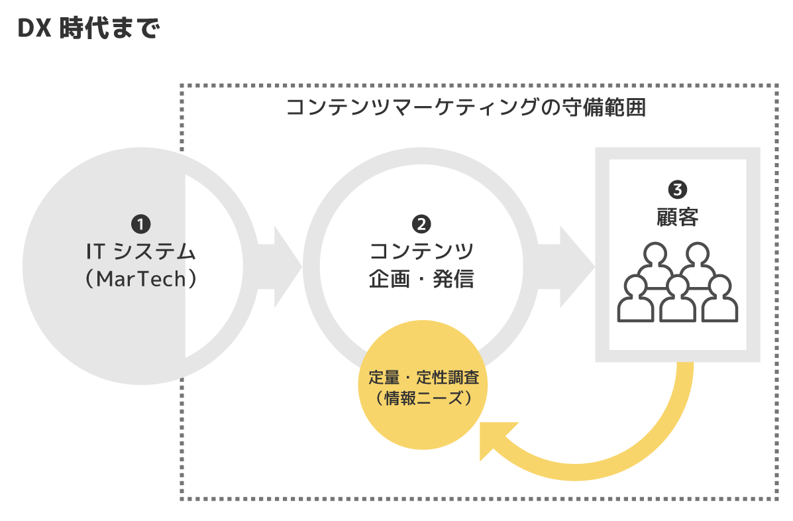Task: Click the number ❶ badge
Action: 142,224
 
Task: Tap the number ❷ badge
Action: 421,224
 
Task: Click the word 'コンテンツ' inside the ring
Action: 421,252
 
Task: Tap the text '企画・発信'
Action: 421,279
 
